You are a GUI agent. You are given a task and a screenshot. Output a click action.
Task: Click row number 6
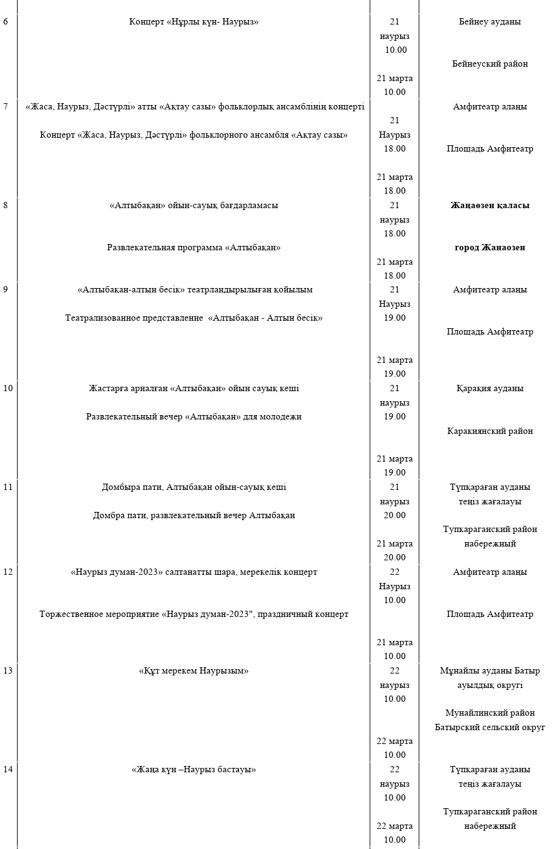6,22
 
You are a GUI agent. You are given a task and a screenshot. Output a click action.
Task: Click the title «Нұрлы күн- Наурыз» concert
194,22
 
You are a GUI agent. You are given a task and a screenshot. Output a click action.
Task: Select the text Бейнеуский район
490,64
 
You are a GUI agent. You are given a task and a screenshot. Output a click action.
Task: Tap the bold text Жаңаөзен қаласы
490,206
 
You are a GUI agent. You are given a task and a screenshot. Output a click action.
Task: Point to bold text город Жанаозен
490,248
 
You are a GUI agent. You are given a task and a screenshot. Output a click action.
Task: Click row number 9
6,290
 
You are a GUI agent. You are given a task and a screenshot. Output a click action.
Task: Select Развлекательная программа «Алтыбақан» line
194,248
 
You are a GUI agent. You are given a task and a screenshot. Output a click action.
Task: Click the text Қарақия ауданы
490,389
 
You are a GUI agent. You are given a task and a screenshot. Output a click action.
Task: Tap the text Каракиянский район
490,431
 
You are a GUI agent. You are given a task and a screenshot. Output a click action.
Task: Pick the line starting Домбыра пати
194,487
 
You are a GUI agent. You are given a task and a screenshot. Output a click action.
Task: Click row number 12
8,572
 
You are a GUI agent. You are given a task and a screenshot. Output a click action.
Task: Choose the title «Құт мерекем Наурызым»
194,671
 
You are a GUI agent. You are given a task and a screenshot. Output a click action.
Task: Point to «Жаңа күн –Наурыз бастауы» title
194,770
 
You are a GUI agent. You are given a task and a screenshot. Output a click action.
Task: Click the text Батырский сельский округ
490,728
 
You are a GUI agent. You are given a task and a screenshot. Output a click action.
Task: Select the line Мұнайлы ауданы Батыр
490,671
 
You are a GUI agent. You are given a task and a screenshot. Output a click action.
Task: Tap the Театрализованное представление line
194,318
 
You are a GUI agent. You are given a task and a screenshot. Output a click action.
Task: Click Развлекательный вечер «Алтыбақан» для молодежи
194,417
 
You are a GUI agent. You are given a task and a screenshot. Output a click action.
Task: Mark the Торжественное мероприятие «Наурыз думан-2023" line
194,614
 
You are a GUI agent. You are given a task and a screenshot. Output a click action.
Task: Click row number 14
8,770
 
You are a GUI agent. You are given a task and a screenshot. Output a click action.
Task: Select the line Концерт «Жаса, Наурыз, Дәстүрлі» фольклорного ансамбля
194,135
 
